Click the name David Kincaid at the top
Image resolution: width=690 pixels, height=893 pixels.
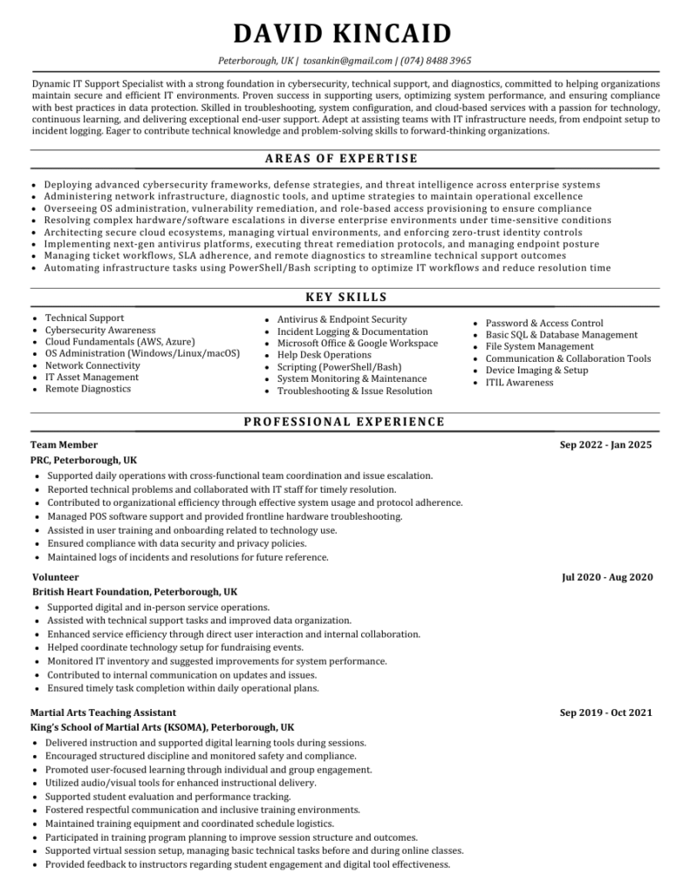tap(344, 34)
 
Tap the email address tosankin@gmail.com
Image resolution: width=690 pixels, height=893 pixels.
tap(348, 61)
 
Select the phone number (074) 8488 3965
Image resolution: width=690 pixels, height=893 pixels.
tap(436, 61)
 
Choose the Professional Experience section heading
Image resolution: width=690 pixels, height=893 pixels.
tap(345, 422)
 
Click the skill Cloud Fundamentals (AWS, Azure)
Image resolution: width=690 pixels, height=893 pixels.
tap(120, 342)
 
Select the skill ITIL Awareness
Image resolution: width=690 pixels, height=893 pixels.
tap(519, 382)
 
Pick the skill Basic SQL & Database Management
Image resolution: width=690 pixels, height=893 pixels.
tap(561, 335)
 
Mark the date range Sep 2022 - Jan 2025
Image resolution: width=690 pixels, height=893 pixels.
tap(605, 445)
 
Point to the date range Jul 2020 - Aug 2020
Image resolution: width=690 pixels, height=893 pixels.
tap(607, 577)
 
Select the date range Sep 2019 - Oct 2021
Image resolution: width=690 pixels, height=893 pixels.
tap(605, 712)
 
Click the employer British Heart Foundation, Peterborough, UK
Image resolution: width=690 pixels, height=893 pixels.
tap(134, 591)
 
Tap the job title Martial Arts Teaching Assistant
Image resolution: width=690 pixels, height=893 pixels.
tap(103, 712)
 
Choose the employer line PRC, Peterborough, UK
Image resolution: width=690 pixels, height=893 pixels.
tap(84, 460)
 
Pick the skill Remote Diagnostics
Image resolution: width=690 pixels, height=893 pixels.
tap(88, 389)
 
